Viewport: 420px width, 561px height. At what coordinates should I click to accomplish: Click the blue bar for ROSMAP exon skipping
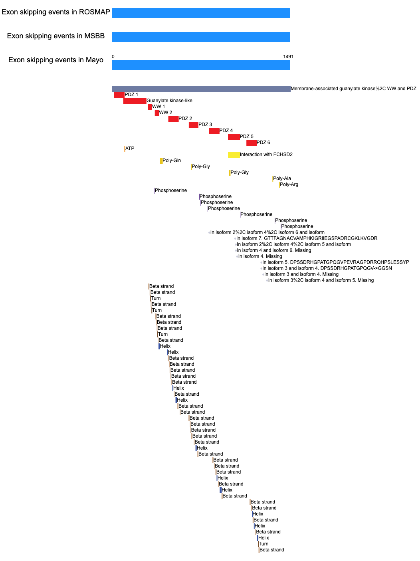[201, 13]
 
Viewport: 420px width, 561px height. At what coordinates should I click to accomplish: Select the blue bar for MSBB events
[201, 37]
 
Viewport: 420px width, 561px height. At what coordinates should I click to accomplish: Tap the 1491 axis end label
[288, 57]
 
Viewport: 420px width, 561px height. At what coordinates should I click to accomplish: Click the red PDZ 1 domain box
[119, 95]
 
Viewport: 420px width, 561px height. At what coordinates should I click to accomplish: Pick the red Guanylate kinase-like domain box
[135, 101]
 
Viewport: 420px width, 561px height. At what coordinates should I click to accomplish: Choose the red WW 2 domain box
[157, 113]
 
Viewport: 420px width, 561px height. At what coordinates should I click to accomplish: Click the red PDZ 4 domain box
[214, 131]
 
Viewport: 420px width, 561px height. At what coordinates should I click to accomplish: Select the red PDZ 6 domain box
[252, 143]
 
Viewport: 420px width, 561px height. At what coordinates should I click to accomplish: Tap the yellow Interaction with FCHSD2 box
[234, 155]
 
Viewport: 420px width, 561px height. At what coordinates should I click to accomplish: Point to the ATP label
[130, 149]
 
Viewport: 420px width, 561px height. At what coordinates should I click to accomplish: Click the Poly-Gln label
[172, 161]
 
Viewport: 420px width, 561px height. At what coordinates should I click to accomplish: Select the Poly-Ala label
[282, 178]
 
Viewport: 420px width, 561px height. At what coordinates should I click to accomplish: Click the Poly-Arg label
[289, 184]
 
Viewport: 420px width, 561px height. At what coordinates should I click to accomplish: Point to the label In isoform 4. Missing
[260, 256]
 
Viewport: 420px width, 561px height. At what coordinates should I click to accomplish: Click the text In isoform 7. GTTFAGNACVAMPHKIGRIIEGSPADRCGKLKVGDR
[307, 238]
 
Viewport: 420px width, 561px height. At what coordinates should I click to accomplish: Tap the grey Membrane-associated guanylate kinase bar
[201, 89]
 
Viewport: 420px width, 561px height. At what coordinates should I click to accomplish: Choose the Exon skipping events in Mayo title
[56, 60]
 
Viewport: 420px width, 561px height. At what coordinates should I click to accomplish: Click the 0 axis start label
[113, 57]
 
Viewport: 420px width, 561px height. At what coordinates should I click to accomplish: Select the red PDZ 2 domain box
[173, 119]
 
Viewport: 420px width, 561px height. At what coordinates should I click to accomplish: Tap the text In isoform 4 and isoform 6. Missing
[274, 250]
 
